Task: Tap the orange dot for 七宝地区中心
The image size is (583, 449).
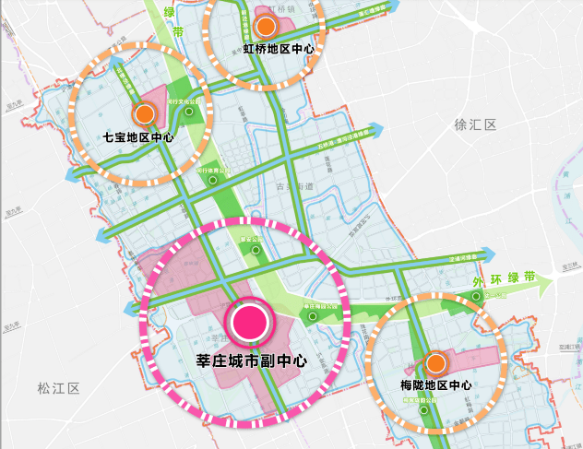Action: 144,114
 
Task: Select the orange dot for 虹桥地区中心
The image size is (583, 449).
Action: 266,27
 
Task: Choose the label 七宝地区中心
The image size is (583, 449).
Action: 139,138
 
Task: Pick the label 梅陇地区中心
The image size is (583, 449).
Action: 436,384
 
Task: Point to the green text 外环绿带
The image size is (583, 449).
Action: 503,278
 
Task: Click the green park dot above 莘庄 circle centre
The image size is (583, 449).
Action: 257,248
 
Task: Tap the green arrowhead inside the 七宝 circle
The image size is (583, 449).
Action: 121,67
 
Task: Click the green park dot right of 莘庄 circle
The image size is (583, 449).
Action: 314,316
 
